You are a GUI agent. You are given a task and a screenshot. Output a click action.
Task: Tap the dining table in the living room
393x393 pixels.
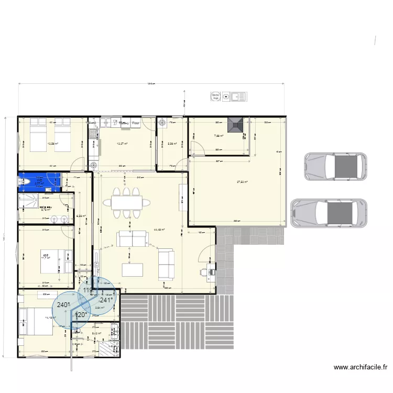click(x=126, y=202)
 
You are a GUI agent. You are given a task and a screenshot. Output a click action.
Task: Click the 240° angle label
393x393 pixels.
click(x=63, y=305)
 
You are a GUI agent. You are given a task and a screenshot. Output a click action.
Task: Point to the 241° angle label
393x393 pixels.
click(x=106, y=300)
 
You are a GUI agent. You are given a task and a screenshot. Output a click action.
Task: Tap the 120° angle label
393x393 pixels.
click(x=81, y=315)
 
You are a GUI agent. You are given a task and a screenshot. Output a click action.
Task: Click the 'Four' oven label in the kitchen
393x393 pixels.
click(x=135, y=123)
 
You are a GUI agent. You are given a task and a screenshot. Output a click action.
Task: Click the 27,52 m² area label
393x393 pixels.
click(x=242, y=182)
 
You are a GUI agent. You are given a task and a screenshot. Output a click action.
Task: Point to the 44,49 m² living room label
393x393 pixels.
click(x=159, y=230)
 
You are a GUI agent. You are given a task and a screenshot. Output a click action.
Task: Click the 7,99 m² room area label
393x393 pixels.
click(x=218, y=136)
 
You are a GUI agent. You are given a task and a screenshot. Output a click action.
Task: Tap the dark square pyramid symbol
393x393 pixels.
click(x=235, y=126)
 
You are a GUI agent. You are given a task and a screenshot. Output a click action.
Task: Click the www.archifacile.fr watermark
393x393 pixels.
click(x=361, y=367)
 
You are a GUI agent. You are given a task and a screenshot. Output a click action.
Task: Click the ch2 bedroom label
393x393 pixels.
click(x=46, y=255)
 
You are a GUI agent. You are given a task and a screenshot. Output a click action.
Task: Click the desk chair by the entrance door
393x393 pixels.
click(x=205, y=271)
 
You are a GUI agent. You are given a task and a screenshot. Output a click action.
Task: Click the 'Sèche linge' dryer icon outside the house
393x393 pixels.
click(x=215, y=96)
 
